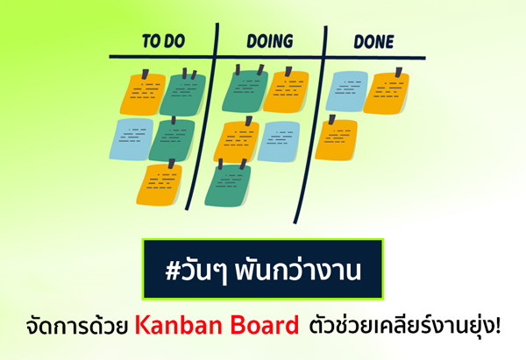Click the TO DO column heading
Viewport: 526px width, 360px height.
coord(163,41)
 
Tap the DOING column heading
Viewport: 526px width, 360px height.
coord(270,41)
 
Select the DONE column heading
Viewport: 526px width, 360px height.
coord(373,41)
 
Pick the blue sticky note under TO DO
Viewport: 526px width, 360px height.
coord(131,138)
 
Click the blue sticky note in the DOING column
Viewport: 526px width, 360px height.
coord(279,141)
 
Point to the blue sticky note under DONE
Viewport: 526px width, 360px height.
coord(347,91)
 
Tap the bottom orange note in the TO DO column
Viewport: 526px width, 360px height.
coord(159,184)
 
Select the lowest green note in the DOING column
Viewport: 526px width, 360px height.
coord(228,184)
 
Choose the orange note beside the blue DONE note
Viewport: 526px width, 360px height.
coord(386,92)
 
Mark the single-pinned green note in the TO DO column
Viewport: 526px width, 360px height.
coord(172,140)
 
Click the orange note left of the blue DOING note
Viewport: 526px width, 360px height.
coord(237,140)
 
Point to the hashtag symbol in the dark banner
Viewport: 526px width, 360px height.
coord(174,271)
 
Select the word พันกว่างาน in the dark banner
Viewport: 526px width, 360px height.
coord(297,270)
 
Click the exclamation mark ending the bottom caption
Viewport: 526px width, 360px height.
coord(497,324)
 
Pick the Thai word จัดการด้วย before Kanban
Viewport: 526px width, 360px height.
coord(77,324)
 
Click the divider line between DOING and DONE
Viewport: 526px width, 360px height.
coord(310,124)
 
